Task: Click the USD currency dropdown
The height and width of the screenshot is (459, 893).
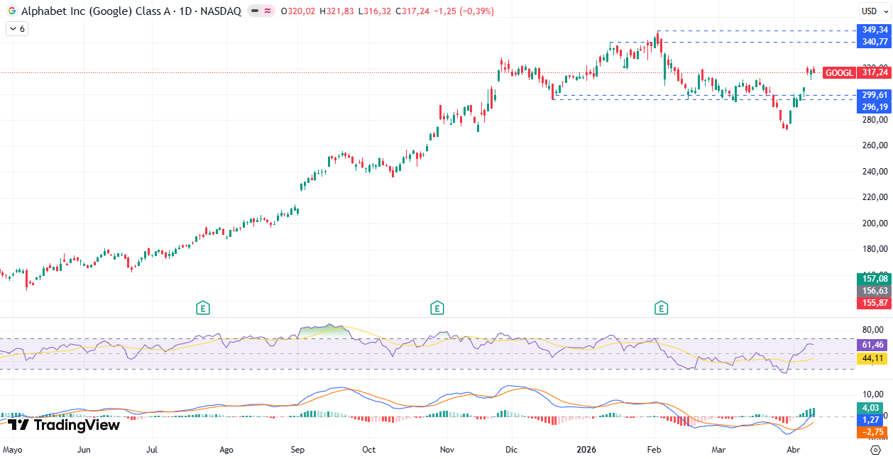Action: pos(870,11)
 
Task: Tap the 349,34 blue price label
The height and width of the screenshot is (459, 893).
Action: pos(875,30)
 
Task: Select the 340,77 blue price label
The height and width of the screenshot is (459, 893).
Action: pos(875,42)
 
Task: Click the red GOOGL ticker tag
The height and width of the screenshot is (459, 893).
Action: pos(839,72)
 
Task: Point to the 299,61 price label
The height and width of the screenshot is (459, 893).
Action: pos(875,95)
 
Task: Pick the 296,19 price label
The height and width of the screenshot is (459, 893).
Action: pos(875,107)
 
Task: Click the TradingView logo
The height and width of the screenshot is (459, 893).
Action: pos(64,425)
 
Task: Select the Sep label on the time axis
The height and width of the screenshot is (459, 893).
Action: pos(298,450)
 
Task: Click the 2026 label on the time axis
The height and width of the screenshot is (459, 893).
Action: pos(586,450)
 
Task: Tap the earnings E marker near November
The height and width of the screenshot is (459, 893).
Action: pos(437,308)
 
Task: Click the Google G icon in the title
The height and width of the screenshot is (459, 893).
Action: pos(11,11)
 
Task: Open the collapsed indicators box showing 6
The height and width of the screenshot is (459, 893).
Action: pos(16,29)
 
